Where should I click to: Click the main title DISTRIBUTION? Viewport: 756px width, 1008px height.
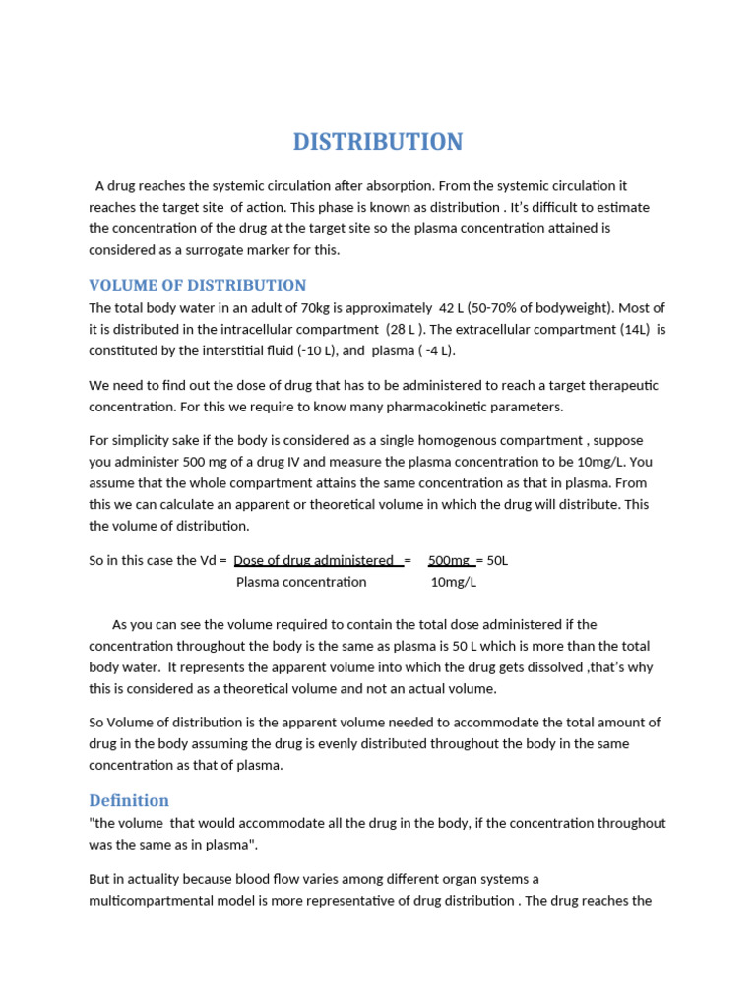click(x=378, y=142)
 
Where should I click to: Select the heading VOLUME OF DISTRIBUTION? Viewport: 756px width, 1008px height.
click(x=198, y=285)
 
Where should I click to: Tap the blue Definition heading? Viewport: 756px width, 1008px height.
click(x=129, y=800)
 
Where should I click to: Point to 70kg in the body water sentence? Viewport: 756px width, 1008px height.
click(x=306, y=308)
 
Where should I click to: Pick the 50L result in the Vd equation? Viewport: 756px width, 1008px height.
click(x=497, y=560)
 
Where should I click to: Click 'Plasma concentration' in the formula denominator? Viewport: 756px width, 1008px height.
click(x=301, y=582)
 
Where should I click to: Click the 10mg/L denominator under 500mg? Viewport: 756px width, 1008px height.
click(x=454, y=582)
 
